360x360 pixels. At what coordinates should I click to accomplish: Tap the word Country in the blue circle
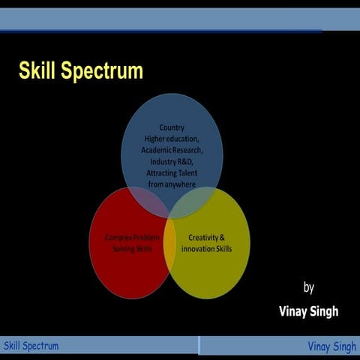[x=172, y=127]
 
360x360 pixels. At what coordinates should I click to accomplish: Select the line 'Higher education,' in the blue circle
[x=172, y=139]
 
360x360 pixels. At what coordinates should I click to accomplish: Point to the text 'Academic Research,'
[x=172, y=150]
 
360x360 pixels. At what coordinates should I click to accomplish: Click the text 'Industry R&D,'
[x=172, y=161]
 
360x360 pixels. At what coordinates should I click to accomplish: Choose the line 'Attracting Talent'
[x=172, y=172]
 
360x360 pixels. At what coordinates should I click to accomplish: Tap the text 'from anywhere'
[x=172, y=184]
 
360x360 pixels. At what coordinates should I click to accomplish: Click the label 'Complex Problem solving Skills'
[x=132, y=242]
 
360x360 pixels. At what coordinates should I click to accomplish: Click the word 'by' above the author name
[x=309, y=287]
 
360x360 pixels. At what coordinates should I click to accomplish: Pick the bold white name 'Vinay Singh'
[x=307, y=311]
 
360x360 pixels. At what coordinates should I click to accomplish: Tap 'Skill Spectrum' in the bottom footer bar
[x=31, y=346]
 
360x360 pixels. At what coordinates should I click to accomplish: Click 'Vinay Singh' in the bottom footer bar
[x=331, y=346]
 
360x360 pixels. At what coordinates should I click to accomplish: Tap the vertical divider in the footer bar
[x=199, y=346]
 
